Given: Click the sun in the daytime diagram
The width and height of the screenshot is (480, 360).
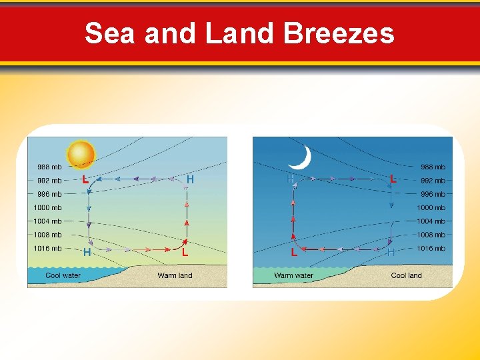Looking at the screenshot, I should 81,153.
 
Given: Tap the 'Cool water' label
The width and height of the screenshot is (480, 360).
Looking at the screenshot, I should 63,275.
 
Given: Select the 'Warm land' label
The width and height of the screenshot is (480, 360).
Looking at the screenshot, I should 175,275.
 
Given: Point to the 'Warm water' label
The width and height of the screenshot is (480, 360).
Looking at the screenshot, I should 293,275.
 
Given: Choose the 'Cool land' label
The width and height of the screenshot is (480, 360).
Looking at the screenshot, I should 406,275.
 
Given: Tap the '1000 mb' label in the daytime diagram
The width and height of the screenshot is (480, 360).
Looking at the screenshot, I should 48,208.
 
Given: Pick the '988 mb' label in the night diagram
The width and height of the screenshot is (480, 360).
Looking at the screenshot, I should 433,167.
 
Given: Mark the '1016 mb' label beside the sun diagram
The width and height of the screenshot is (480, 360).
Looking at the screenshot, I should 48,249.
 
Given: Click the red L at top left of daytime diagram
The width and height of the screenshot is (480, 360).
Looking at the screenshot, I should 85,180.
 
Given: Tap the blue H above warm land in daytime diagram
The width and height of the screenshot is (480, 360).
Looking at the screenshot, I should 190,179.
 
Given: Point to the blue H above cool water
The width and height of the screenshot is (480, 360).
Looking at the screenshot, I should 87,253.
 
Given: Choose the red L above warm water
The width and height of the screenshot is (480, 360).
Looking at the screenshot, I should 294,253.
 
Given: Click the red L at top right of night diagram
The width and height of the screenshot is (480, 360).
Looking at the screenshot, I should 393,179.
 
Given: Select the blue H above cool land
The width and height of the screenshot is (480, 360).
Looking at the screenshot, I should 391,253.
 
